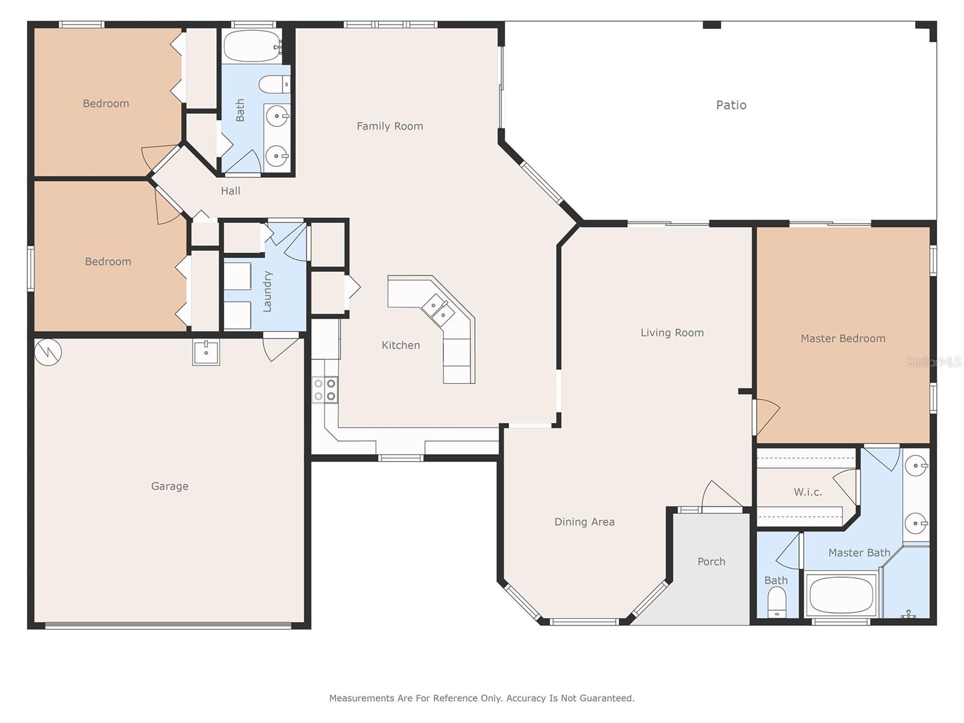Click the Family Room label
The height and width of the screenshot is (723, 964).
[x=390, y=127]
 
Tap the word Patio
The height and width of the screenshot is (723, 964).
[x=731, y=105]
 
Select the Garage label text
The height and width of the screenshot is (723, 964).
[x=170, y=486]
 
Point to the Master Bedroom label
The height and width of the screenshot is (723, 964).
[x=843, y=339]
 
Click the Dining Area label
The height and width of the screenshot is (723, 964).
[x=584, y=522]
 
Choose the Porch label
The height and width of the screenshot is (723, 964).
[x=712, y=562]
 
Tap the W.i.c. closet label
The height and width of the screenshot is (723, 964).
[x=808, y=492]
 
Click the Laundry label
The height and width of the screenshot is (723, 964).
[x=267, y=292]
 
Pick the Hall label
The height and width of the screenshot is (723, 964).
[x=231, y=191]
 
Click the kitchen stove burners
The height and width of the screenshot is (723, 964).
[x=325, y=390]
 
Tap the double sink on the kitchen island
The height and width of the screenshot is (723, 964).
[x=438, y=308]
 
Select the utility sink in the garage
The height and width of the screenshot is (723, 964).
[x=206, y=352]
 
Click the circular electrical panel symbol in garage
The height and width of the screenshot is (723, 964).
[x=48, y=352]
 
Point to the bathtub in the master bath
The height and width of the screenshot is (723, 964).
[x=840, y=595]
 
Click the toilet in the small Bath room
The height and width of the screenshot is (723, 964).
[x=777, y=602]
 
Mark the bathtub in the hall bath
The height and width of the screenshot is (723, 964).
[x=252, y=46]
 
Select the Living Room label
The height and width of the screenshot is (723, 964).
[x=672, y=333]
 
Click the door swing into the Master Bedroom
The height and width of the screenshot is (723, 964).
[x=766, y=416]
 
